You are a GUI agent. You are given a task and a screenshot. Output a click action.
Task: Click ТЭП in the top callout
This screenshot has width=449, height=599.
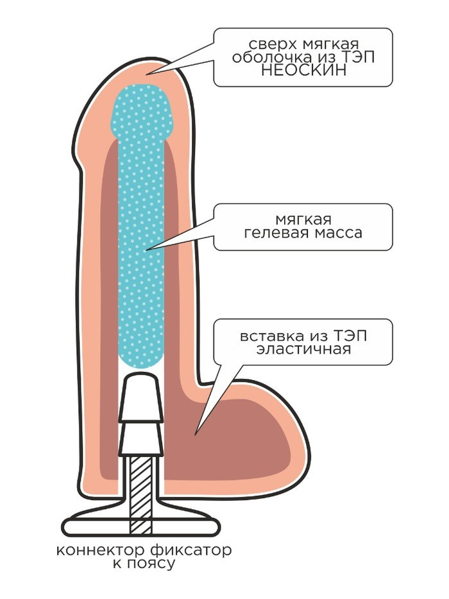[358, 57]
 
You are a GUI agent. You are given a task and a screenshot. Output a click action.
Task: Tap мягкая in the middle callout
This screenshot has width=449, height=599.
[303, 219]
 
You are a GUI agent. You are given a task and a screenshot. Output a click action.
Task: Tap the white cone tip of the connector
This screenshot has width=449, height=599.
[141, 392]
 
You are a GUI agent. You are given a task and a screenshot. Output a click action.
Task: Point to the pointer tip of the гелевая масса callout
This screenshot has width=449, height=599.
[147, 248]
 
